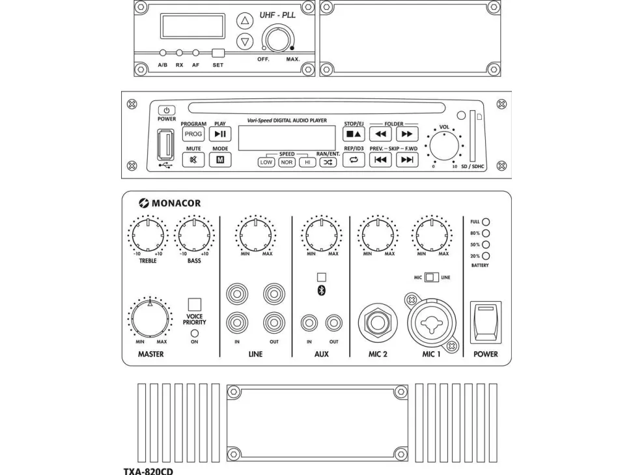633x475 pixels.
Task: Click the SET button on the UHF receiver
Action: coord(218,53)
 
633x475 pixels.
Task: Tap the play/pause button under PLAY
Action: coord(220,134)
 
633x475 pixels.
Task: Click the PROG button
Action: coord(193,134)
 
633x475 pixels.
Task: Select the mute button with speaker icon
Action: coord(193,160)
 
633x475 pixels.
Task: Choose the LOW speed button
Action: coord(266,162)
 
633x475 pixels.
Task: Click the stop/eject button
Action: coord(354,135)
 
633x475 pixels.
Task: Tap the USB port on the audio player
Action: coord(165,144)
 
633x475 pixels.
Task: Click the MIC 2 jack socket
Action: coord(378,322)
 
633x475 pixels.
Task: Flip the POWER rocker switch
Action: coord(485,322)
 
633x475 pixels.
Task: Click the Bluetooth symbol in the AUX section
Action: coord(321,291)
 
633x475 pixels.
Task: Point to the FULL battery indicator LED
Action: coord(486,222)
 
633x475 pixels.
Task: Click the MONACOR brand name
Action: coord(170,203)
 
